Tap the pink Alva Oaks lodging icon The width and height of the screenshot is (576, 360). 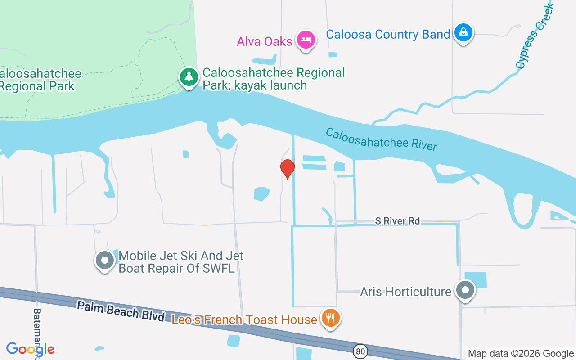[306, 40]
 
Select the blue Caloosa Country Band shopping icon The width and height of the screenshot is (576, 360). [463, 32]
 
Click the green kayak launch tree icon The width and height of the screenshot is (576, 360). [189, 76]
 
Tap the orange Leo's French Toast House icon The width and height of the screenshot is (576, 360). [331, 318]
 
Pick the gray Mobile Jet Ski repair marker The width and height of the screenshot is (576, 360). [105, 260]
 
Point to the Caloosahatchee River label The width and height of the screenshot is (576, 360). [381, 139]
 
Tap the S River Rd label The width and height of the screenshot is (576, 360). [397, 221]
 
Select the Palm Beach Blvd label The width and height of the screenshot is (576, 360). [120, 311]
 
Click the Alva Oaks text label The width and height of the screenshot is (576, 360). [265, 41]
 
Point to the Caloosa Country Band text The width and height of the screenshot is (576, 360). [388, 34]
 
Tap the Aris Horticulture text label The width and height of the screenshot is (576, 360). [405, 292]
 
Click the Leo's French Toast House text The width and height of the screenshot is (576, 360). [244, 319]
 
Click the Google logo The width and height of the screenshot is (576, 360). [30, 349]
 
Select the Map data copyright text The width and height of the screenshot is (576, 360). [521, 354]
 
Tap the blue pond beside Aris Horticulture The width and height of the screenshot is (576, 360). [476, 279]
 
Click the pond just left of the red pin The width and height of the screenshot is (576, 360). [261, 194]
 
